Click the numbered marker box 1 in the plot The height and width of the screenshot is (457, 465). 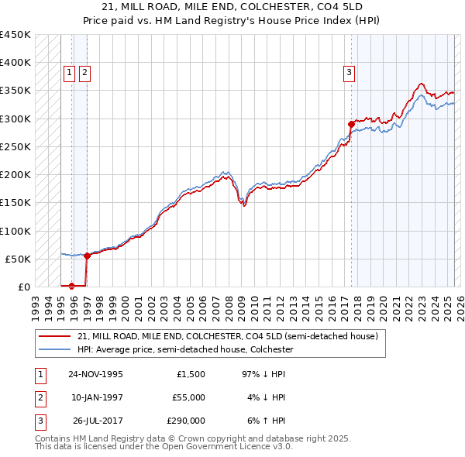[69, 74]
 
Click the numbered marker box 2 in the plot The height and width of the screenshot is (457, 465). [84, 74]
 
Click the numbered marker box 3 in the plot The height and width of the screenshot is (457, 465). [350, 74]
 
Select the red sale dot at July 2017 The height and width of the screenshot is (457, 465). [351, 124]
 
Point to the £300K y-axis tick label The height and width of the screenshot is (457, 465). [15, 119]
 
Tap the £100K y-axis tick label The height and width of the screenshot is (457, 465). [15, 231]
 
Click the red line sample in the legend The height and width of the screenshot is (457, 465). [55, 337]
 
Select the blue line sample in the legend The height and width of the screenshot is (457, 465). [55, 350]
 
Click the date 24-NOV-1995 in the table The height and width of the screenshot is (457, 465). [95, 374]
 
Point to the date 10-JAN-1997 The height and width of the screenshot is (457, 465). [95, 397]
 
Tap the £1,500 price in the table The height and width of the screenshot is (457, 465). [191, 374]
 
